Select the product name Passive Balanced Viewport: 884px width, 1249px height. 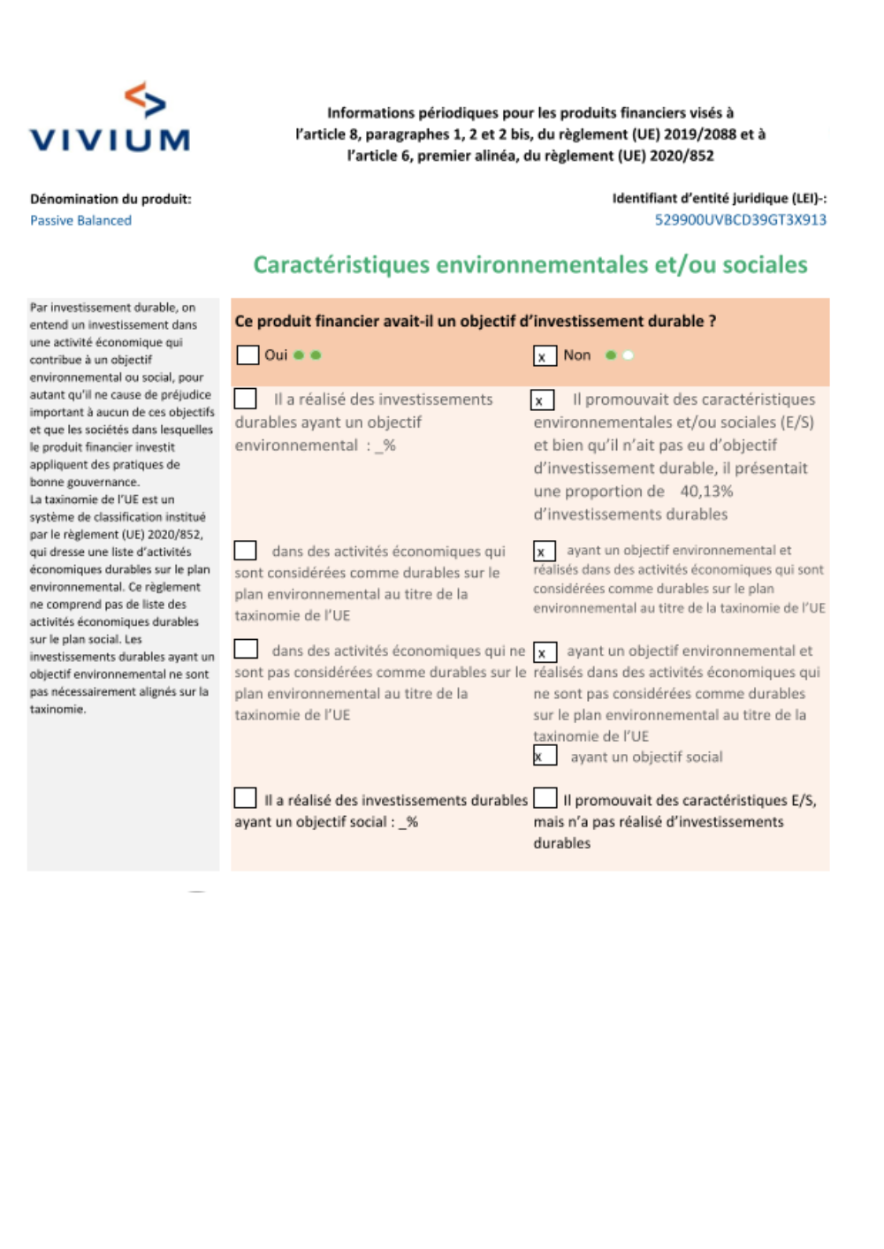click(80, 221)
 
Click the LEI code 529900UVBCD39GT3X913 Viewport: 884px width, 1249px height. click(740, 220)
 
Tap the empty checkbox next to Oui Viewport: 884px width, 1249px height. click(248, 355)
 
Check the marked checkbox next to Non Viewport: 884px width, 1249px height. click(544, 356)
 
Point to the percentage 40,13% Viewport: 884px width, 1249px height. click(705, 491)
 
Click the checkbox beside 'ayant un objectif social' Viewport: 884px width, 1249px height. click(545, 756)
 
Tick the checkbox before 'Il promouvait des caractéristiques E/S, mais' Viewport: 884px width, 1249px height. click(545, 798)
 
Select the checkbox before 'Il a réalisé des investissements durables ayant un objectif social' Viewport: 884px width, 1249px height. click(245, 798)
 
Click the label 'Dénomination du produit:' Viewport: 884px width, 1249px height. click(110, 199)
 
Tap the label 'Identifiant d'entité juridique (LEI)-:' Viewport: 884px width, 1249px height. click(719, 199)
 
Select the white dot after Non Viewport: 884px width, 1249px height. click(628, 355)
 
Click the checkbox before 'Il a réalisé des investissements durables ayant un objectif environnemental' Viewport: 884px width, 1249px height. click(245, 399)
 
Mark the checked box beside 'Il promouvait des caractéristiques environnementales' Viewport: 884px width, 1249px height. click(542, 400)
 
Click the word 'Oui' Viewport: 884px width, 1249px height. click(276, 355)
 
